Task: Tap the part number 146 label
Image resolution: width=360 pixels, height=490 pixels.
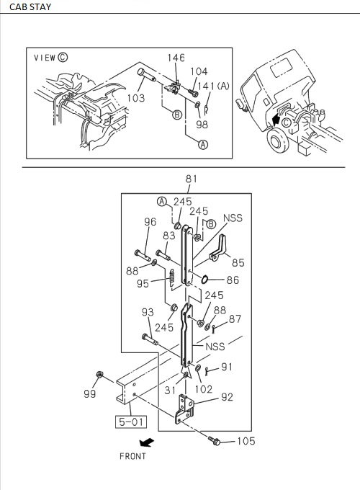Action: click(x=176, y=58)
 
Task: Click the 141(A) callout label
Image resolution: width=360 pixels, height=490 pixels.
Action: click(x=214, y=86)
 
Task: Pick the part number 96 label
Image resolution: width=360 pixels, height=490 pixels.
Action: click(x=150, y=222)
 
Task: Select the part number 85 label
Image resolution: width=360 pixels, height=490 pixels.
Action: click(x=237, y=263)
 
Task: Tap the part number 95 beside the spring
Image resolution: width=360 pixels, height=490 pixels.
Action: click(x=143, y=284)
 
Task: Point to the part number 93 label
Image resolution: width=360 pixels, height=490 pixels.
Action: click(x=147, y=312)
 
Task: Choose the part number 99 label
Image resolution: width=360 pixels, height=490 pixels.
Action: click(x=90, y=394)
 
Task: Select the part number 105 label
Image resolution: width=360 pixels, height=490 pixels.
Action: click(x=246, y=442)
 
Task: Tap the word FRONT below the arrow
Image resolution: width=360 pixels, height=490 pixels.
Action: click(x=132, y=456)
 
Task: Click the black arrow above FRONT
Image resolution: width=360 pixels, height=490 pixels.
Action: click(x=147, y=441)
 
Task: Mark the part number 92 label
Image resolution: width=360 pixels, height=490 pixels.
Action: click(x=227, y=396)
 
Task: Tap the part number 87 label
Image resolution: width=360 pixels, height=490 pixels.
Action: click(x=235, y=319)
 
